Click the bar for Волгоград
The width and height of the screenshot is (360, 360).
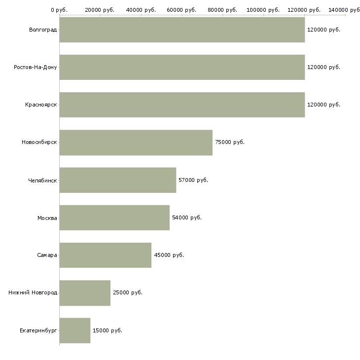tap(182, 30)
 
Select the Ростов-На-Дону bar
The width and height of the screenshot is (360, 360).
tap(182, 67)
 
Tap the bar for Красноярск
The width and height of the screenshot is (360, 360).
tap(182, 105)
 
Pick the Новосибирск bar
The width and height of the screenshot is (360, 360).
tap(136, 143)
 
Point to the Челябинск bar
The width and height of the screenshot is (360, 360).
tap(117, 180)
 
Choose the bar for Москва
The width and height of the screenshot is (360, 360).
tap(114, 217)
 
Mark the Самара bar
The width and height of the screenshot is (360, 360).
tap(105, 255)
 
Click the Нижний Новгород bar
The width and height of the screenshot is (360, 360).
tap(85, 293)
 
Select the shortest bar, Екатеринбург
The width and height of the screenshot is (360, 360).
tap(74, 330)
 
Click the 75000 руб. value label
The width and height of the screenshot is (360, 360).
tap(230, 143)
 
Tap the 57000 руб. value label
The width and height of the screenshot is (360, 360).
tap(193, 180)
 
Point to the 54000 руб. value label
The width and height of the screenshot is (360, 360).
tap(187, 217)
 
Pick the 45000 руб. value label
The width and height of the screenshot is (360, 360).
tap(169, 255)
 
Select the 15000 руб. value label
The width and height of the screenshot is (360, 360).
tap(108, 330)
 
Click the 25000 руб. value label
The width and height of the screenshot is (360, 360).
tap(128, 293)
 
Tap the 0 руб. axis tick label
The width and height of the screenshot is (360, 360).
tap(59, 10)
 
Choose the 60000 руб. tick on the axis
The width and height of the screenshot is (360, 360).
tap(181, 10)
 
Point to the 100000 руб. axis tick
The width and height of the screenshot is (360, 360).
tap(263, 10)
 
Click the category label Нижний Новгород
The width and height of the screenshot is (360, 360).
tap(33, 293)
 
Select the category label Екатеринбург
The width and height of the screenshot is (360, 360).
tap(38, 330)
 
